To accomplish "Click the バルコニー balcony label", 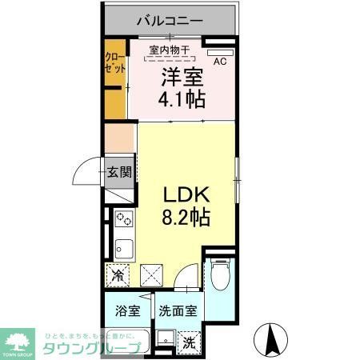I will click(169, 19).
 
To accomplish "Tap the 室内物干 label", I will click(169, 50).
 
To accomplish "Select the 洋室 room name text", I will click(184, 78).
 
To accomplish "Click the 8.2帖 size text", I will click(187, 216).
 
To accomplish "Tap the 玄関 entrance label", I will click(122, 171).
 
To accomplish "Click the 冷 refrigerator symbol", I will click(117, 276).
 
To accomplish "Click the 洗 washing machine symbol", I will click(189, 342).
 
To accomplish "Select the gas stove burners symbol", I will click(124, 218).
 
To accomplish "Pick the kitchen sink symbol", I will click(124, 245).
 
